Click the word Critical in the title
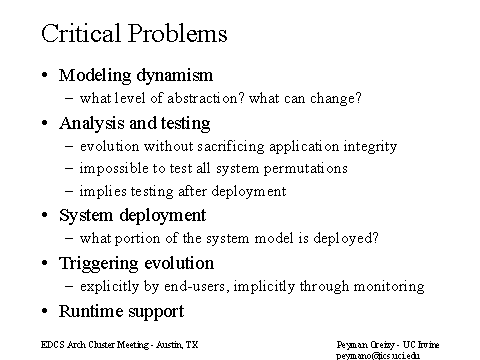coord(81,33)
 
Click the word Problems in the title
coord(178,33)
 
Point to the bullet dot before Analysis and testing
coord(45,123)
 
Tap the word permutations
coord(306,169)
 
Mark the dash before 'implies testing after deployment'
coord(69,191)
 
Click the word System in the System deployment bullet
coord(86,215)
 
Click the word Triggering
coord(98,264)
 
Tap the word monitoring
coord(389,286)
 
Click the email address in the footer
coord(378,356)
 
